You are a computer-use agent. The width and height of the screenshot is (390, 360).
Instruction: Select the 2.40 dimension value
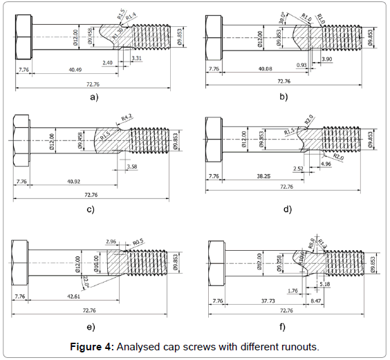tap(107, 62)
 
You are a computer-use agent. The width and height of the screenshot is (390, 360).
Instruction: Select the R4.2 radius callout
tap(127, 118)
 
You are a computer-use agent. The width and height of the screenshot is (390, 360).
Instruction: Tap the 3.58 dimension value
tap(131, 167)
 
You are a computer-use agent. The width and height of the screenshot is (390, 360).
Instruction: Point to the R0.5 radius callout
tap(139, 242)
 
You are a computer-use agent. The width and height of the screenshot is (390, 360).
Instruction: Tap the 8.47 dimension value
tap(316, 301)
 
